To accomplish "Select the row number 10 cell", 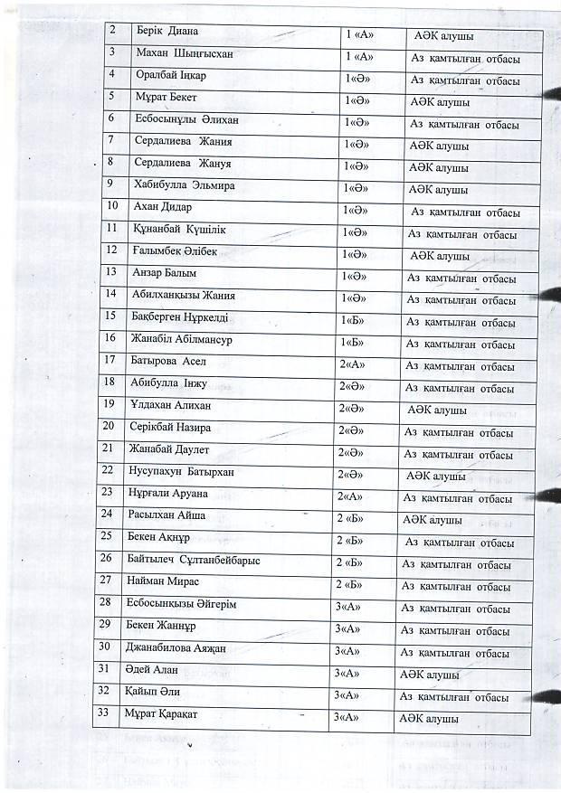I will point(113,206).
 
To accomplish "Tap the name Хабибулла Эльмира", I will point(185,185).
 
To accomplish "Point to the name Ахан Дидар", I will point(163,207).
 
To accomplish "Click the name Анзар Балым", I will point(165,272).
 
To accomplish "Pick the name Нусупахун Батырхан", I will point(189,470).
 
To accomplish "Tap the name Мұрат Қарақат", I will point(166,713).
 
